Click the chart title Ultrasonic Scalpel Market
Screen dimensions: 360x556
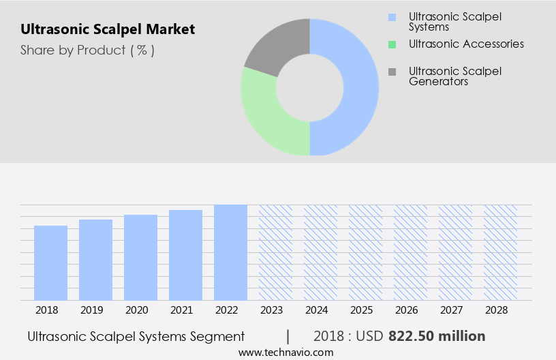coord(108,29)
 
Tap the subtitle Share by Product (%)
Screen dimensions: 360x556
coord(87,50)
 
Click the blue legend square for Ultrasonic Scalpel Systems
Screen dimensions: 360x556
coord(391,17)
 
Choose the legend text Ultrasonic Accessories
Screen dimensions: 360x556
coord(466,44)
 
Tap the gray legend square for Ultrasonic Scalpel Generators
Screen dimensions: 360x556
coord(391,71)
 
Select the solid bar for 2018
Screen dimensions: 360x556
coord(51,262)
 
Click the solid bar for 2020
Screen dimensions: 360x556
coord(141,257)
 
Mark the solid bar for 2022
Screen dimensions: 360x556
coord(230,252)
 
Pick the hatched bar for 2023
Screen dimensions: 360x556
coord(275,252)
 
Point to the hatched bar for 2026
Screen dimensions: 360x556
coord(410,252)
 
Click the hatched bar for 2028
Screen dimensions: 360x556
coord(500,252)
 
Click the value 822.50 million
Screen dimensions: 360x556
coord(437,336)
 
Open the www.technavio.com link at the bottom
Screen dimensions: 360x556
coord(286,352)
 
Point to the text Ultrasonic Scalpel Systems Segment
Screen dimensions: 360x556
coord(136,336)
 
